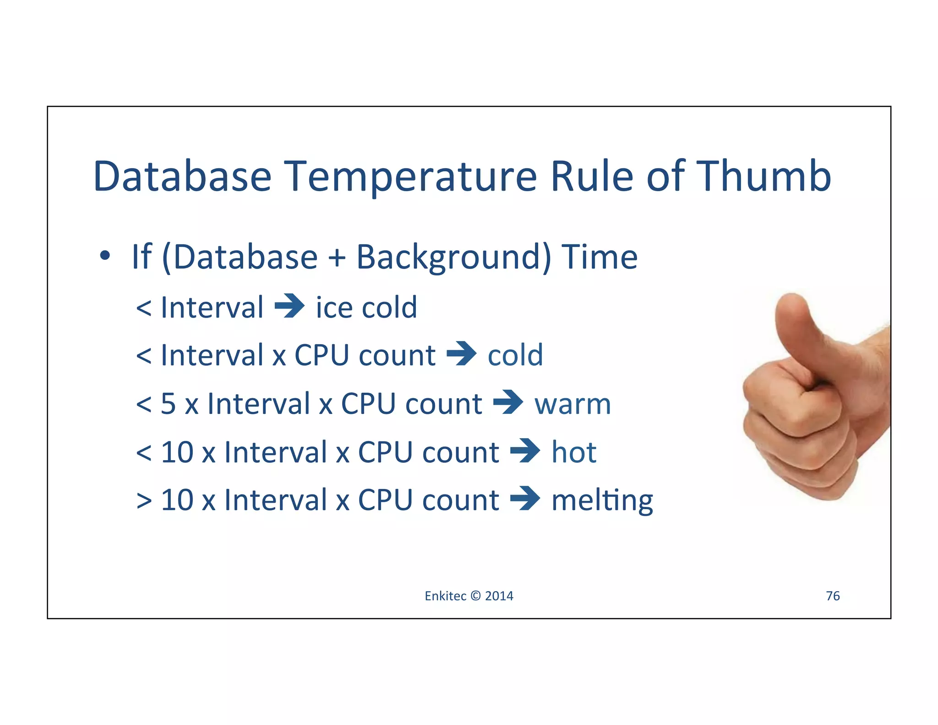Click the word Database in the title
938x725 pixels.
tap(182, 176)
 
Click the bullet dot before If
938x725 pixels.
tap(105, 256)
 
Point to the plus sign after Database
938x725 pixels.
tap(337, 258)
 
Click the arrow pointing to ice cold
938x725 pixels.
tap(289, 306)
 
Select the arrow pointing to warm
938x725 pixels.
tap(508, 402)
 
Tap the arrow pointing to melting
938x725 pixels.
tap(525, 498)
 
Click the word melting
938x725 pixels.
tap(602, 500)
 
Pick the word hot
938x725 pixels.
tap(573, 452)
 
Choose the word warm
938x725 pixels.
tap(573, 404)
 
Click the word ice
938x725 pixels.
tap(334, 307)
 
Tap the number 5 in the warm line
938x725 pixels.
tap(168, 404)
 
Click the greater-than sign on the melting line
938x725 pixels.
tap(144, 500)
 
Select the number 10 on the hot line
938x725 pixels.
tap(177, 452)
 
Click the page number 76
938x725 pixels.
tap(832, 596)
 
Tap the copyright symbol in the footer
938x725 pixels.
tap(475, 596)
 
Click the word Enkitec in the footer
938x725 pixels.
tap(445, 596)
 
